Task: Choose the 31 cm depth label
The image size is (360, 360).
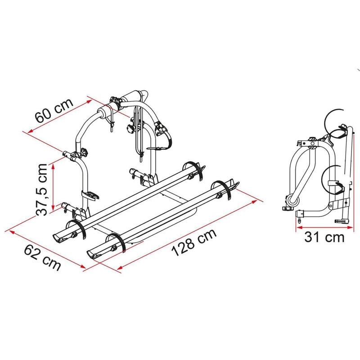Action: coord(324,237)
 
